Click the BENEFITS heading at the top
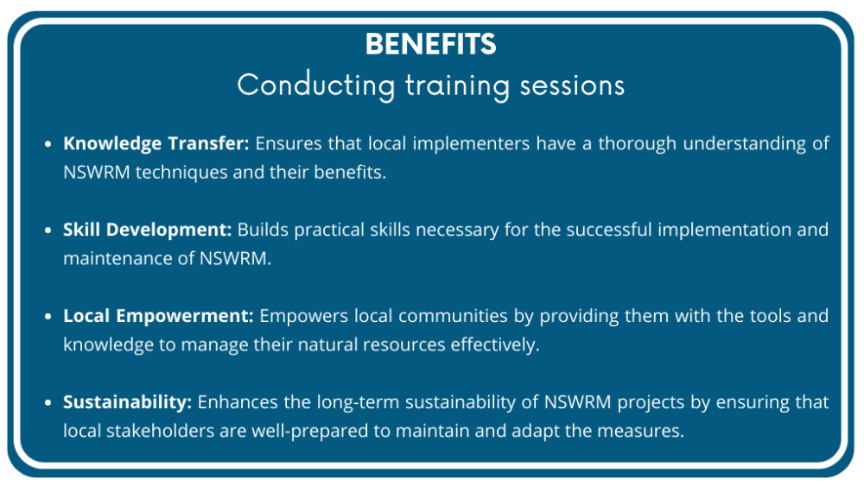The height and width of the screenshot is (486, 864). (x=430, y=44)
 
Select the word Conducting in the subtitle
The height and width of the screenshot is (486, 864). (x=314, y=85)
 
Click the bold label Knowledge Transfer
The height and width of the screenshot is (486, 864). (x=156, y=143)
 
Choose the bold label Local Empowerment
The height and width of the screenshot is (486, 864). (x=158, y=316)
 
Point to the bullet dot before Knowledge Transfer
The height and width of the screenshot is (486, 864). (x=48, y=144)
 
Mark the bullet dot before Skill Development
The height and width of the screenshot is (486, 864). (x=48, y=230)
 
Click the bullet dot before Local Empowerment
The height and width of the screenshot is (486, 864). (x=48, y=317)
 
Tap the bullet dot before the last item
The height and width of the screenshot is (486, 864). (x=48, y=403)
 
